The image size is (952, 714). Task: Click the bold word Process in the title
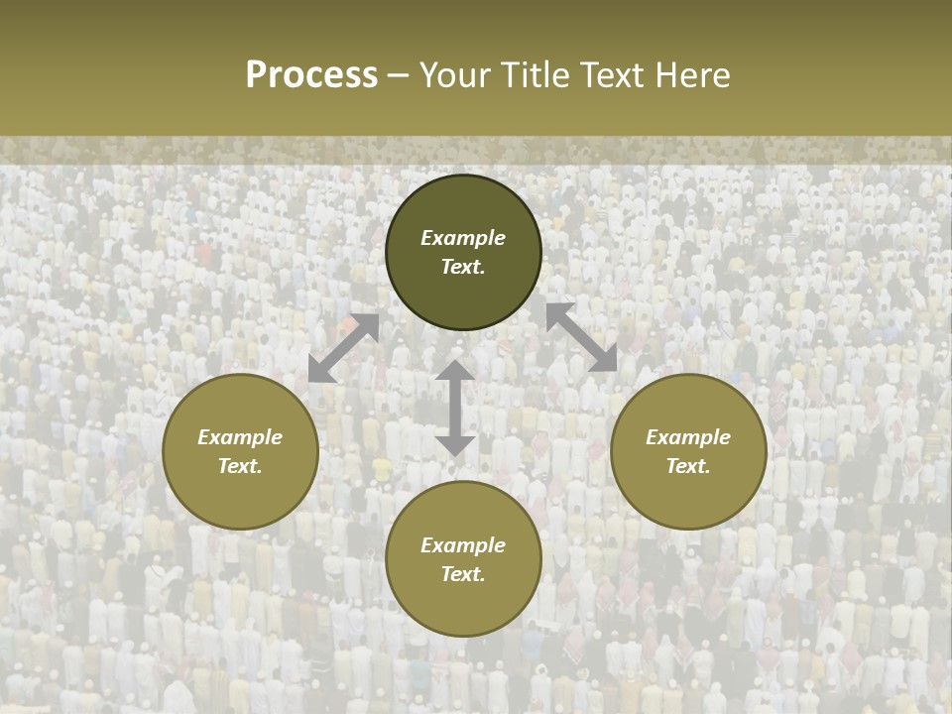[311, 75]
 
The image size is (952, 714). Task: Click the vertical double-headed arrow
[455, 408]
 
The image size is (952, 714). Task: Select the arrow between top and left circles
[343, 348]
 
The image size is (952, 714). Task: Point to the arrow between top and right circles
[582, 337]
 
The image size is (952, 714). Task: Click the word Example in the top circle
[463, 238]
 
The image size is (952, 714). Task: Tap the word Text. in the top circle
[463, 267]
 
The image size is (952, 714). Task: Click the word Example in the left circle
[240, 437]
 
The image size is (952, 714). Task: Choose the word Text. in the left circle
[240, 466]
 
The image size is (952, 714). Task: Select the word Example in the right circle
[688, 437]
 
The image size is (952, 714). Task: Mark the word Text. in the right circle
[688, 466]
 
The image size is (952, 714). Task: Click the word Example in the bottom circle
[463, 545]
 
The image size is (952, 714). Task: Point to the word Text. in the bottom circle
[463, 574]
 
